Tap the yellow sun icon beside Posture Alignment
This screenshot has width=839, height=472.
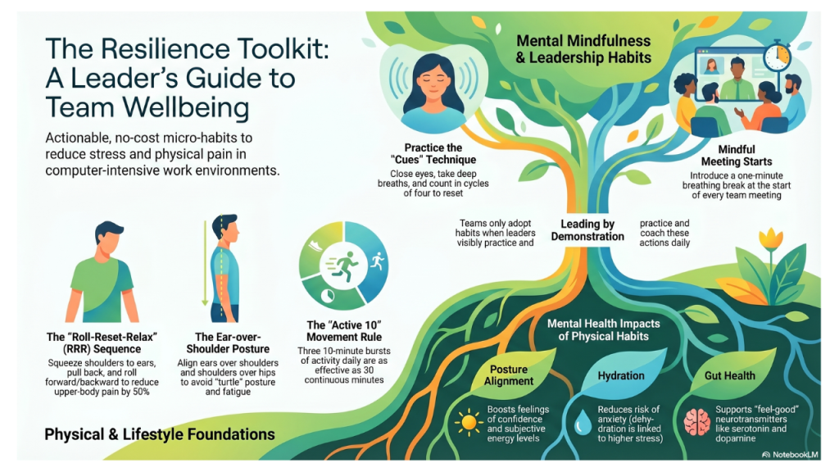point(468,422)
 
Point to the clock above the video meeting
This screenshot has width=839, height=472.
point(777,57)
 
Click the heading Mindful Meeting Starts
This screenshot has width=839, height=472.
point(736,156)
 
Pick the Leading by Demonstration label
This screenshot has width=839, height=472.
point(587,230)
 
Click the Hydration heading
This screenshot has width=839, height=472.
point(620,375)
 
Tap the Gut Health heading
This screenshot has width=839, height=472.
point(729,375)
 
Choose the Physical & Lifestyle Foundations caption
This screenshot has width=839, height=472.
point(160,434)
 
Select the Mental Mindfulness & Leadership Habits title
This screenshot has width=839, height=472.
point(583,48)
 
